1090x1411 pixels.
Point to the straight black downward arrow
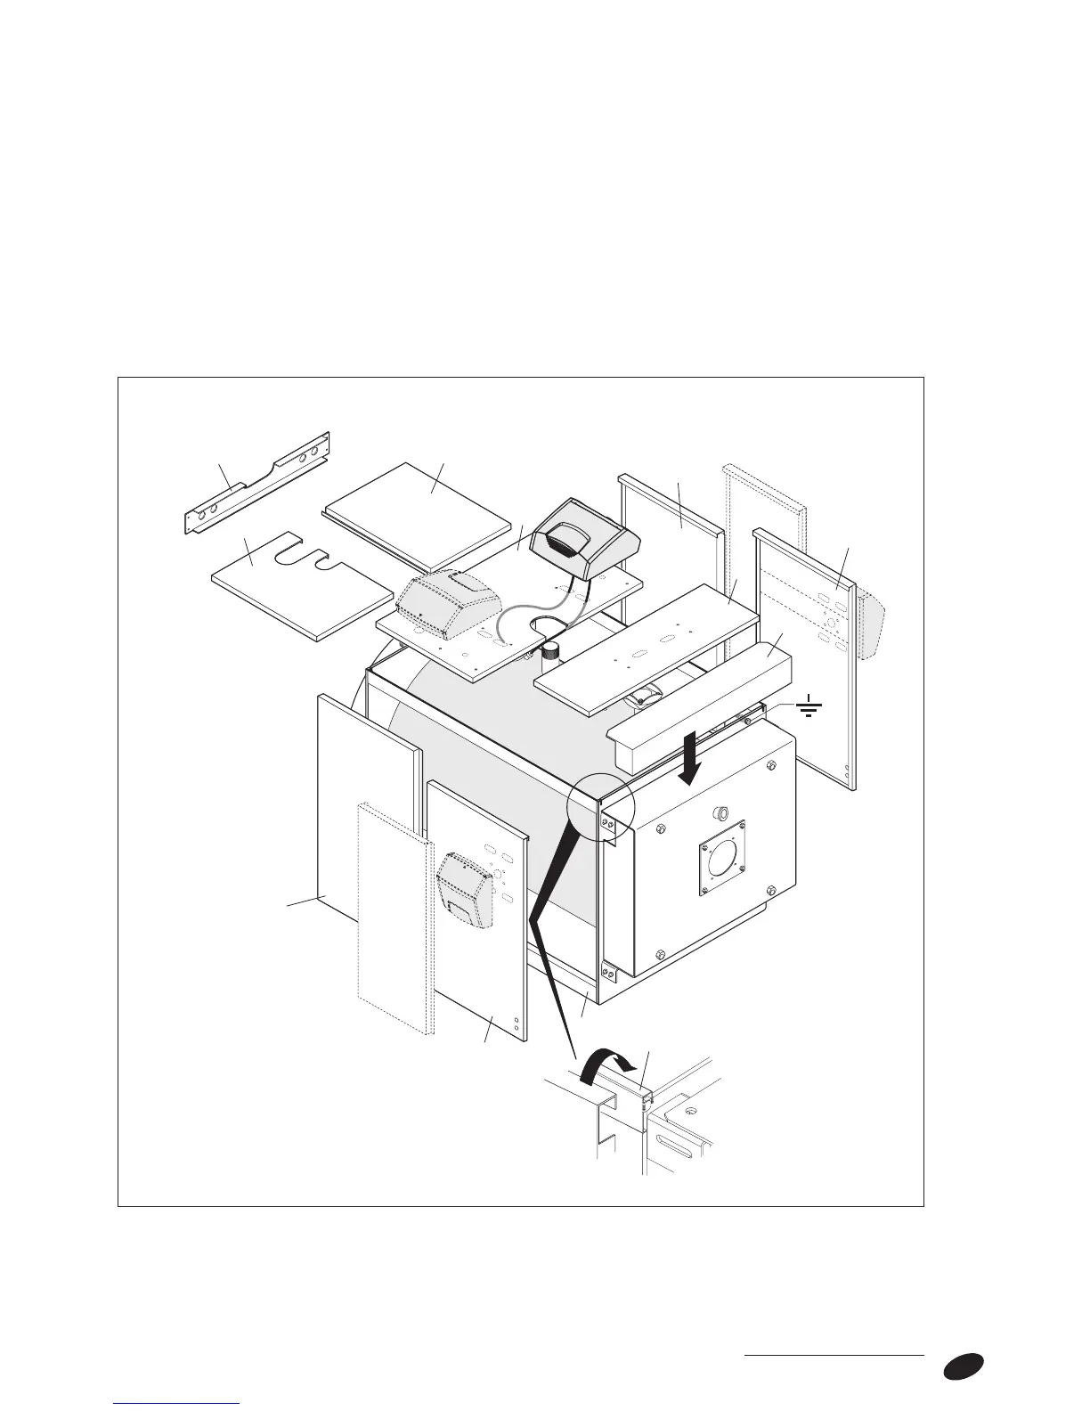691,765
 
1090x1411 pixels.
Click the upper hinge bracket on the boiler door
609,828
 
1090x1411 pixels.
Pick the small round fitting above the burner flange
722,812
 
